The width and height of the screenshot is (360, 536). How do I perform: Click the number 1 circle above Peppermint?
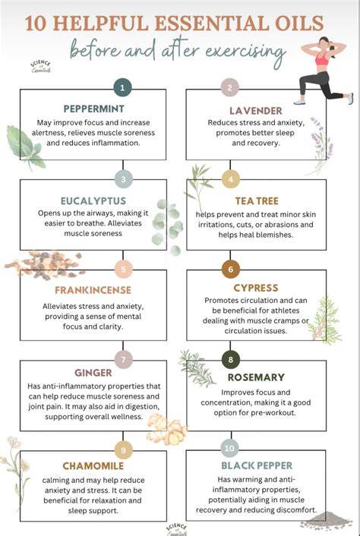point(122,88)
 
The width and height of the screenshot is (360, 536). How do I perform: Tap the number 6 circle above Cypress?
point(230,269)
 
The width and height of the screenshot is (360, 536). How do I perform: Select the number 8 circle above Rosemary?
point(230,359)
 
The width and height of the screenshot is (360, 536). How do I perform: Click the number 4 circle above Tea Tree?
point(230,179)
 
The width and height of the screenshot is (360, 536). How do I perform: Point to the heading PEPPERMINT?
point(93,109)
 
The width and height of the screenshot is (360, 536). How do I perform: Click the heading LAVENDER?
point(256,111)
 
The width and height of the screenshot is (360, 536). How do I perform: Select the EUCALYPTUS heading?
point(93,200)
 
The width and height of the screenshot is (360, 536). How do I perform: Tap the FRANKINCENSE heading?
point(93,290)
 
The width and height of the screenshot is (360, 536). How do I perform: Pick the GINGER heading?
point(93,373)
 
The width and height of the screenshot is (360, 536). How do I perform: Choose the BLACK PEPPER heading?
point(257,465)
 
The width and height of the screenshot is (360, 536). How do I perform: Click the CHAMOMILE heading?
point(93,466)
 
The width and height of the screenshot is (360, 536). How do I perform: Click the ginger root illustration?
point(167,430)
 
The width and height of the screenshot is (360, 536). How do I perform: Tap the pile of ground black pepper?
point(326,521)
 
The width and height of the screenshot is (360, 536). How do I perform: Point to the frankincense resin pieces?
point(45,265)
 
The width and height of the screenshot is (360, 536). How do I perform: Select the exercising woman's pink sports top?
point(322,58)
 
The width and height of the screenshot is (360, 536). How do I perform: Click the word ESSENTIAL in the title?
point(216,24)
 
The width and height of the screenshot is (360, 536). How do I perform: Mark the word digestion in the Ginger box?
point(141,407)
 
